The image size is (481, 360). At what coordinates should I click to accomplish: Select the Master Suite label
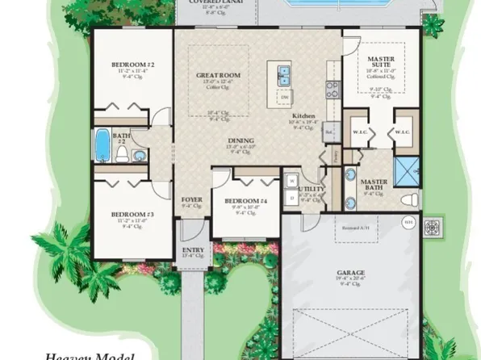pyautogui.click(x=380, y=60)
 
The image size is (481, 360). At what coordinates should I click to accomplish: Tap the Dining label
pyautogui.click(x=240, y=141)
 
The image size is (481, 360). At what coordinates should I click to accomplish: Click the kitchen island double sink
pyautogui.click(x=282, y=77)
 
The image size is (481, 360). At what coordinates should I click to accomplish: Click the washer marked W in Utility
pyautogui.click(x=290, y=180)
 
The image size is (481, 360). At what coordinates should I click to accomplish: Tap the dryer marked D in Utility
pyautogui.click(x=290, y=196)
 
